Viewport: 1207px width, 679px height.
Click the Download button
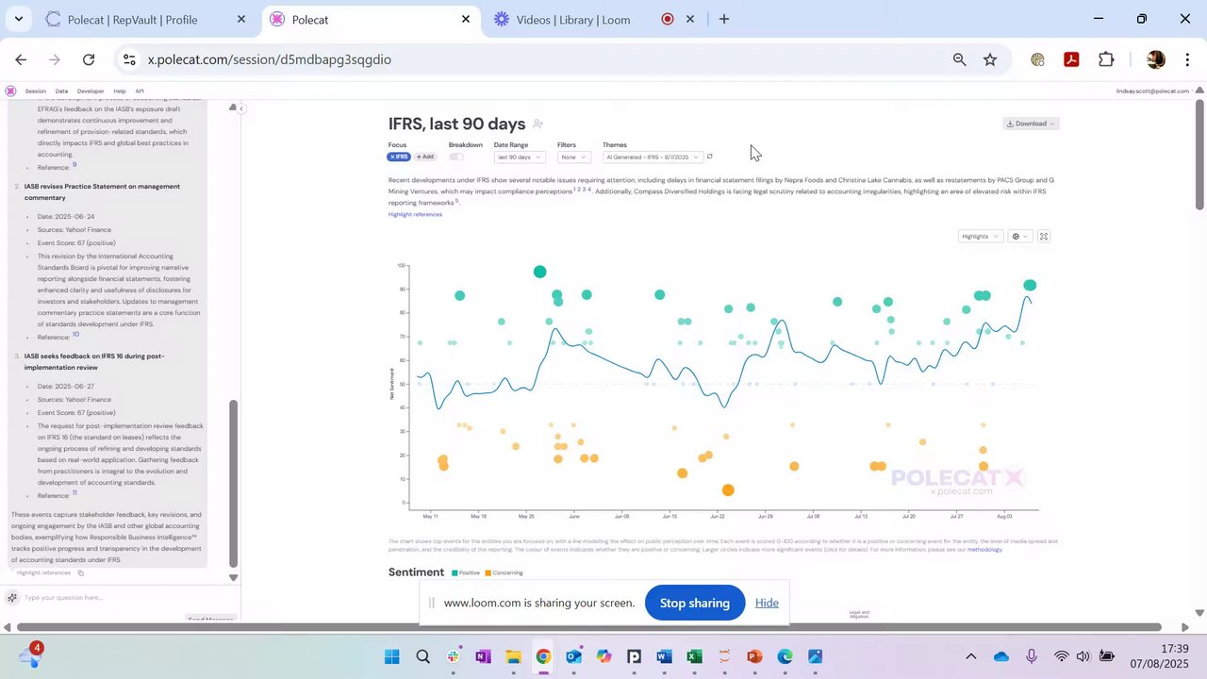coord(1030,124)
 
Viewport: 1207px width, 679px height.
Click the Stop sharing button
coord(694,603)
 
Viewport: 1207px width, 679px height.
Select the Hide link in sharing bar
coord(767,603)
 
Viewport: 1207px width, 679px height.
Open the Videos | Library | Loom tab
coord(572,20)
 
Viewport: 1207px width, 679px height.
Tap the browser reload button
coord(89,59)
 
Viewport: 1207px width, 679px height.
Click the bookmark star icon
coord(990,59)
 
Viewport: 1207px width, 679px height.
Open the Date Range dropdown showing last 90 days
coord(519,157)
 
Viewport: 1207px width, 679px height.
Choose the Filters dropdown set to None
coord(573,157)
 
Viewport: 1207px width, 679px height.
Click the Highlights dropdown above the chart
coord(980,237)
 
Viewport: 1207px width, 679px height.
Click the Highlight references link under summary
coord(415,214)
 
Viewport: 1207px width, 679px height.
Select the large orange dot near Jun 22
coord(728,490)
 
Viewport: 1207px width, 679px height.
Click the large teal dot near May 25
coord(539,272)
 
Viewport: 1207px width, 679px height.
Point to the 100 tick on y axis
coord(402,266)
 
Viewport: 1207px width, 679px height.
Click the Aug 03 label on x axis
coord(1004,517)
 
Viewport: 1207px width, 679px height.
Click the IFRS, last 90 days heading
coord(456,124)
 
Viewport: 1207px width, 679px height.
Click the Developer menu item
coord(91,91)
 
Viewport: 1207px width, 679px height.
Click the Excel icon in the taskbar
coord(694,656)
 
